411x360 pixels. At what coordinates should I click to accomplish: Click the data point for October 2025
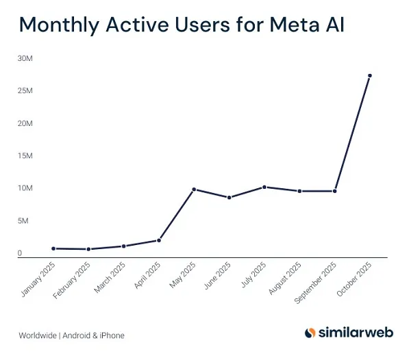[369, 76]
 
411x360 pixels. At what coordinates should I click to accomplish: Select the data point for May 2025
[194, 189]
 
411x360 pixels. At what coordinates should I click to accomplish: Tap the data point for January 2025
[53, 248]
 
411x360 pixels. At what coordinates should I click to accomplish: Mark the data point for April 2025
[159, 240]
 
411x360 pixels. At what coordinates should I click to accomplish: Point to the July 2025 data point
[264, 187]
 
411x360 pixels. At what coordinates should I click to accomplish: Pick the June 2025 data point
[229, 197]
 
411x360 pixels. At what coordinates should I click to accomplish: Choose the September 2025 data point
[334, 191]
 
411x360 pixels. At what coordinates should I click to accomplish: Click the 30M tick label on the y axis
[25, 58]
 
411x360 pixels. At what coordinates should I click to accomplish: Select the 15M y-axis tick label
[25, 156]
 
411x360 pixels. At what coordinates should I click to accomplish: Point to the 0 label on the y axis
[20, 253]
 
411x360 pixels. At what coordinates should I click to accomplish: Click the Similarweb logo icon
[310, 333]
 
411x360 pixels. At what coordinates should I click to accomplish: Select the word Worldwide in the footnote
[38, 335]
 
